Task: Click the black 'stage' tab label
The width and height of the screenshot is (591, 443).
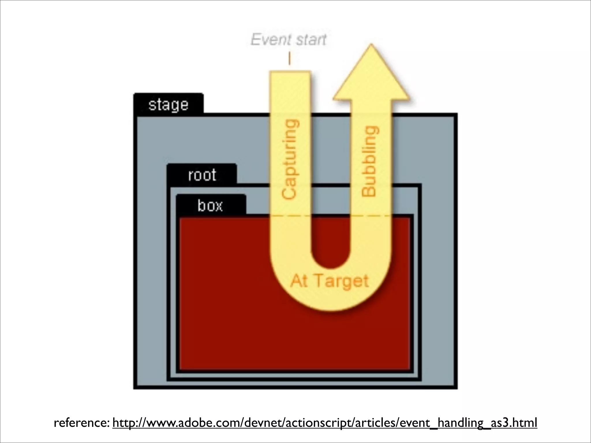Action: click(169, 104)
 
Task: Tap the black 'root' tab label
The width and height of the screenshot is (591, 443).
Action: click(202, 175)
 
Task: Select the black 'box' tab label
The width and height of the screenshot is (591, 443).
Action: click(210, 206)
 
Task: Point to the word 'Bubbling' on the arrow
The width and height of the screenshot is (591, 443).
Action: click(370, 162)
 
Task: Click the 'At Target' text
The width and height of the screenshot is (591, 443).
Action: click(330, 281)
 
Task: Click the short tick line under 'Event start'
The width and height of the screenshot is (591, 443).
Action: click(289, 59)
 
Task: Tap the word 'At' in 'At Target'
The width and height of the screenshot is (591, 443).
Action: click(299, 281)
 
